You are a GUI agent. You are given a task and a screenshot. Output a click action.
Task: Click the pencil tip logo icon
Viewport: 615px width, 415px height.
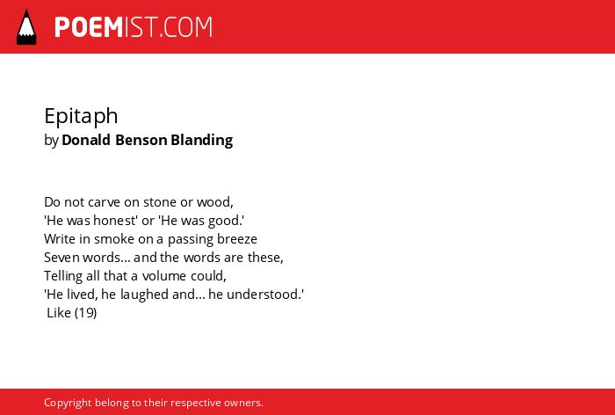click(26, 26)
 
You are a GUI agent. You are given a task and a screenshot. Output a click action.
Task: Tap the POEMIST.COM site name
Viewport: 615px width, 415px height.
click(134, 27)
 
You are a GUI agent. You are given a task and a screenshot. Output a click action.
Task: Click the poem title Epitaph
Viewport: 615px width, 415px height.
click(81, 117)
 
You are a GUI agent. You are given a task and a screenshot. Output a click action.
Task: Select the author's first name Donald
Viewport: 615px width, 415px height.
click(86, 140)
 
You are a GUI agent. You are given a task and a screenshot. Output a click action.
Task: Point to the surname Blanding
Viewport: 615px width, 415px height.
click(201, 141)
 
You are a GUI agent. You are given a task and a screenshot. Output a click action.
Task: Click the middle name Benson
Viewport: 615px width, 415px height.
click(141, 140)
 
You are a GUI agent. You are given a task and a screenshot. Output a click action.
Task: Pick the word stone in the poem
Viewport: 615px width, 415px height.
click(160, 202)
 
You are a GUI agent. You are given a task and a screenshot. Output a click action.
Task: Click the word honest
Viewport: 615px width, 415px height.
click(114, 221)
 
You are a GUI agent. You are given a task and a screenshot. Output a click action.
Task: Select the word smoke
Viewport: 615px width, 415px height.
click(114, 239)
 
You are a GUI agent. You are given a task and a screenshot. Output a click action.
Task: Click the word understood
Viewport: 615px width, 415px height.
click(264, 295)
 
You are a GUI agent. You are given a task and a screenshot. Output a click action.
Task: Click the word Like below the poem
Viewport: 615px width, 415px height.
click(59, 313)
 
